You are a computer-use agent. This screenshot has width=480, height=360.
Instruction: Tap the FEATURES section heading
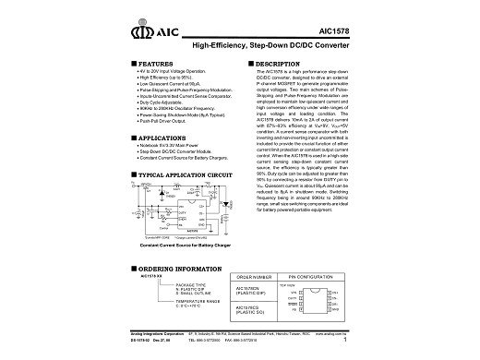coord(150,64)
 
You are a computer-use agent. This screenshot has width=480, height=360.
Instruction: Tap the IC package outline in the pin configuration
coord(317,304)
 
